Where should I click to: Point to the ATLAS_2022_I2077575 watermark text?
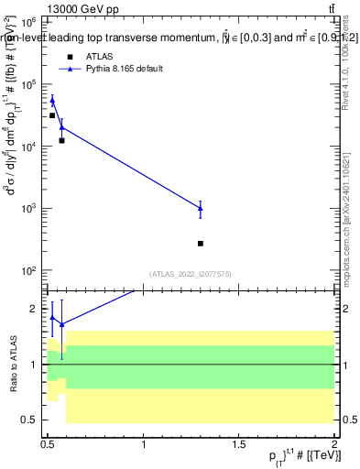pyautogui.click(x=190, y=273)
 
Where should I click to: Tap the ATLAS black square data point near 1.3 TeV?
pyautogui.click(x=201, y=244)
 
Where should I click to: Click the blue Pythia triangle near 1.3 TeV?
pyautogui.click(x=201, y=208)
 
